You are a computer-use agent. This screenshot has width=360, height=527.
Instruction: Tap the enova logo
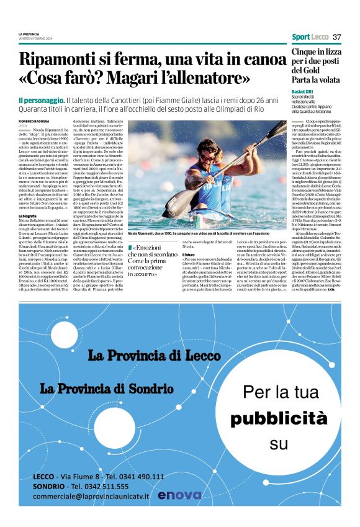tap(179, 495)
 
